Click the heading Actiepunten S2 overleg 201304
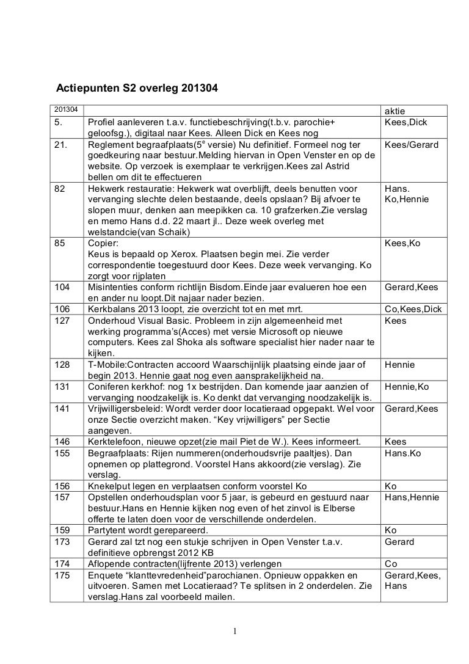137,89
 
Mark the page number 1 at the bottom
234,631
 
